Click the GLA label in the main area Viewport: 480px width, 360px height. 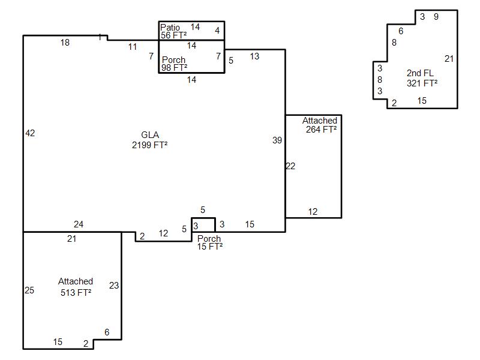pyautogui.click(x=150, y=134)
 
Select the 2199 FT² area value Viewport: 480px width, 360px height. pyautogui.click(x=149, y=145)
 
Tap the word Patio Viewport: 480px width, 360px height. pyautogui.click(x=170, y=27)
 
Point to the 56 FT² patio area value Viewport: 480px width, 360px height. pyautogui.click(x=173, y=35)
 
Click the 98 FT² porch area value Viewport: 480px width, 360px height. pyautogui.click(x=174, y=67)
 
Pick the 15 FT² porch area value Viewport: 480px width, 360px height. pyautogui.click(x=209, y=247)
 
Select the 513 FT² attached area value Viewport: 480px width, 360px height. pyautogui.click(x=76, y=293)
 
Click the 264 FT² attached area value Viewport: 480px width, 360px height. pyautogui.click(x=321, y=130)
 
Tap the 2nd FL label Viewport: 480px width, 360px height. pyautogui.click(x=420, y=73)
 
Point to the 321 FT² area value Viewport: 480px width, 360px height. pyautogui.click(x=422, y=83)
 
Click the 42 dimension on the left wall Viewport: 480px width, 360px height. pyautogui.click(x=30, y=133)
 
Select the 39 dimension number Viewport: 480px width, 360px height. pyautogui.click(x=277, y=140)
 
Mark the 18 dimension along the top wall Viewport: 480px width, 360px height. pyautogui.click(x=65, y=43)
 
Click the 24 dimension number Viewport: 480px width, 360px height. pyautogui.click(x=79, y=224)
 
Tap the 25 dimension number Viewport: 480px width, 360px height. pyautogui.click(x=29, y=290)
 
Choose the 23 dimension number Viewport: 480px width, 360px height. pyautogui.click(x=114, y=286)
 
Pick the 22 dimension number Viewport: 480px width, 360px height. pyautogui.click(x=290, y=166)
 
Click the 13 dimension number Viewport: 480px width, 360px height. pyautogui.click(x=254, y=56)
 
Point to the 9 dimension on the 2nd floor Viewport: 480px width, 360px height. pyautogui.click(x=436, y=17)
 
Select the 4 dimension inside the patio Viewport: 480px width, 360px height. pyautogui.click(x=217, y=31)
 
